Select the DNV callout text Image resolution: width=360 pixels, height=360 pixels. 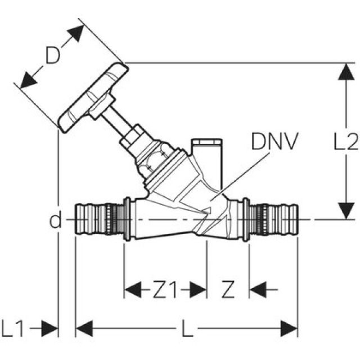click(274, 142)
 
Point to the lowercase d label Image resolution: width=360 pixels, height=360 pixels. click(55, 220)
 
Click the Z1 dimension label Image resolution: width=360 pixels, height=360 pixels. click(165, 290)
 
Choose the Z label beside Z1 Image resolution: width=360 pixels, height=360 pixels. click(227, 290)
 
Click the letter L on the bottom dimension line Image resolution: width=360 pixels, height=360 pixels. click(187, 328)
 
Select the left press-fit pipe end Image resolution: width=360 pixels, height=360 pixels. click(96, 220)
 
